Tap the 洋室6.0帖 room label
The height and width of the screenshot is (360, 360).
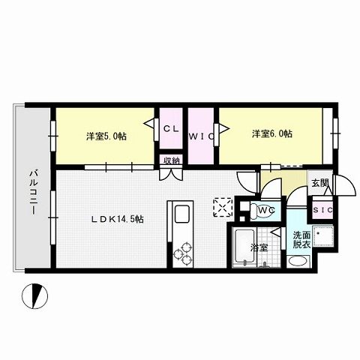pyautogui.click(x=271, y=134)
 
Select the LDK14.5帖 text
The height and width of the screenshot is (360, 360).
pyautogui.click(x=118, y=219)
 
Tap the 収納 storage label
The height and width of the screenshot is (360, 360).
pyautogui.click(x=171, y=160)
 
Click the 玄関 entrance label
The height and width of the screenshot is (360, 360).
pyautogui.click(x=320, y=183)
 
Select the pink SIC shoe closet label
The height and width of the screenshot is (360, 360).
pyautogui.click(x=323, y=209)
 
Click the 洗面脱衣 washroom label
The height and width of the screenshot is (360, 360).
pyautogui.click(x=302, y=240)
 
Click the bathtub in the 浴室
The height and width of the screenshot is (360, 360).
pyautogui.click(x=244, y=247)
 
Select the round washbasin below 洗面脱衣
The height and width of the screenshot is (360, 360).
pyautogui.click(x=298, y=262)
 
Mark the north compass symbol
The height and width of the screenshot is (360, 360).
pyautogui.click(x=32, y=297)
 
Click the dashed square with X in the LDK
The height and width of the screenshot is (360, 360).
pyautogui.click(x=223, y=206)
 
